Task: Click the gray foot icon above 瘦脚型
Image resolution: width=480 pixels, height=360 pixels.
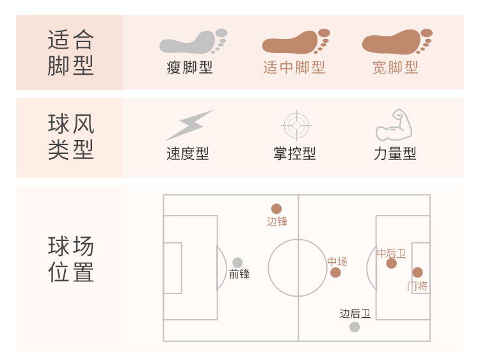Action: (193, 42)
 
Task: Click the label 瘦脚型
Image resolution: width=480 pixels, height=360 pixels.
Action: (189, 68)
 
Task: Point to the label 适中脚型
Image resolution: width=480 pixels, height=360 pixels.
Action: (294, 68)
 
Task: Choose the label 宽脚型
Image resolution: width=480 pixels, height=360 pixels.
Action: (396, 68)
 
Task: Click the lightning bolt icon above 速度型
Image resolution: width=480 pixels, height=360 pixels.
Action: (189, 125)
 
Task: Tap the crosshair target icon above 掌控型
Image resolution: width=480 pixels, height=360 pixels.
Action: (296, 125)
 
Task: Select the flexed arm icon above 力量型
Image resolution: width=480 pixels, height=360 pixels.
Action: (394, 125)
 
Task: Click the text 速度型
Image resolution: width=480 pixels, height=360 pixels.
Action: (188, 154)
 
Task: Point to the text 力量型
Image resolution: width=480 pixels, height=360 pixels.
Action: (395, 154)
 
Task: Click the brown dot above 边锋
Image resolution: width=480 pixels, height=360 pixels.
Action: (276, 208)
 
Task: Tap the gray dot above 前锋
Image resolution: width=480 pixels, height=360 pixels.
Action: (237, 262)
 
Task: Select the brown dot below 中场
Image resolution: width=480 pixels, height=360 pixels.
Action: (335, 273)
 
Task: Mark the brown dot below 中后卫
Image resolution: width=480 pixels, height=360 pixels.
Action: (392, 263)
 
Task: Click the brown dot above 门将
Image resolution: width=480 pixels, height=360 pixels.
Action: (417, 272)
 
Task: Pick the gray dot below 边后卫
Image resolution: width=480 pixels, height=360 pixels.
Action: (355, 327)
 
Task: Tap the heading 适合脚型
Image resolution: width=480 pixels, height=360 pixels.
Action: (71, 52)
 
